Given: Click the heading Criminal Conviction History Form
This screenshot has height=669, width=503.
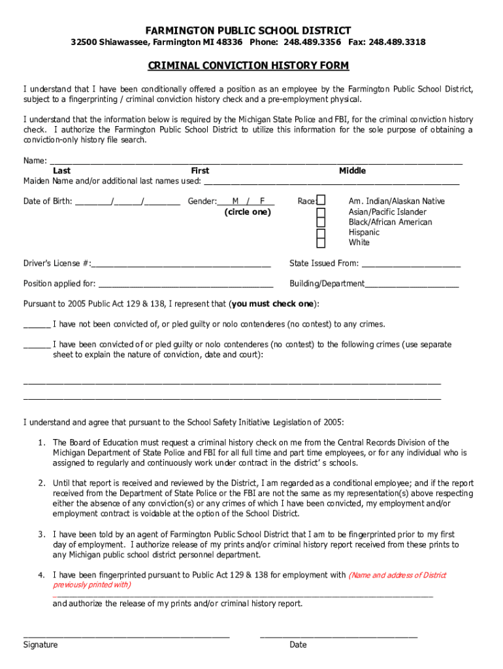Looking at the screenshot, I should pyautogui.click(x=248, y=66).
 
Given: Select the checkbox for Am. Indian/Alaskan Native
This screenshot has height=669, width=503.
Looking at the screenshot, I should pyautogui.click(x=321, y=201).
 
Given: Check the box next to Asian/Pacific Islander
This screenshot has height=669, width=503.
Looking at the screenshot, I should pyautogui.click(x=321, y=212).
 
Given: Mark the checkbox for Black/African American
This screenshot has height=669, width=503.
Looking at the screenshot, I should pyautogui.click(x=321, y=223).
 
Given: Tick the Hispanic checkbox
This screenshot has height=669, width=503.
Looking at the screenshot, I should pyautogui.click(x=321, y=233).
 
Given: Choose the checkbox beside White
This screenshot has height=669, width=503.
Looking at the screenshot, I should pyautogui.click(x=321, y=243).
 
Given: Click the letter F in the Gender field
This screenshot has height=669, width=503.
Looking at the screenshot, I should pyautogui.click(x=262, y=201).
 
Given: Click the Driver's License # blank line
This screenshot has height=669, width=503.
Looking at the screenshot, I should pyautogui.click(x=181, y=265).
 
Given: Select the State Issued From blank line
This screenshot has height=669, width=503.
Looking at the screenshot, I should pyautogui.click(x=411, y=265).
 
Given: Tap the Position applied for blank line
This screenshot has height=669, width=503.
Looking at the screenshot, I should pyautogui.click(x=186, y=286).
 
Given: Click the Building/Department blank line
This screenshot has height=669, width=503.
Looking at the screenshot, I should pyautogui.click(x=412, y=286).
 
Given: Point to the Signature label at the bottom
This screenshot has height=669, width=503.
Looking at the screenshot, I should pyautogui.click(x=41, y=645).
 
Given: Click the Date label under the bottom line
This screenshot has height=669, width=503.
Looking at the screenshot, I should pyautogui.click(x=298, y=645).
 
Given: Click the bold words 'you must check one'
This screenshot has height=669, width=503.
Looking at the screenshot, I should pyautogui.click(x=272, y=304).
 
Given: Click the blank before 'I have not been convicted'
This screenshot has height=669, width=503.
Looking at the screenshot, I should pyautogui.click(x=37, y=326).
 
